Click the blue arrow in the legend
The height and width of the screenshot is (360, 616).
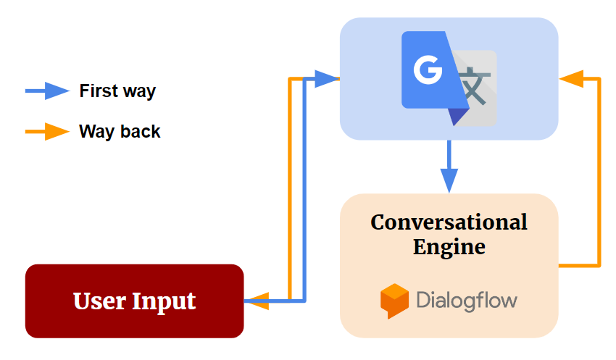click(47, 91)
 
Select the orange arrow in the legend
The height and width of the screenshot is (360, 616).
click(47, 132)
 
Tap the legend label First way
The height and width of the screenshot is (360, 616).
click(117, 91)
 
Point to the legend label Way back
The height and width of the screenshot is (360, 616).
click(120, 132)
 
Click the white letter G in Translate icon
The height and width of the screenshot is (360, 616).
click(428, 70)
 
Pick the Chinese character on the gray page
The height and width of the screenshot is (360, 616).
click(475, 86)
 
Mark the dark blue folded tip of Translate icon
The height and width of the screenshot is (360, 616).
click(457, 115)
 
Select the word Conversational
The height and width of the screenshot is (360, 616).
click(449, 222)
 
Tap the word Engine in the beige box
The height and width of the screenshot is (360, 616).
click(449, 246)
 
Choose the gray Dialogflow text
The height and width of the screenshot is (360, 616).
click(467, 301)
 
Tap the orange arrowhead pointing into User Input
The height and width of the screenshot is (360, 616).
click(257, 301)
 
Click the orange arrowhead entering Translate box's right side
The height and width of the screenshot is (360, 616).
click(571, 78)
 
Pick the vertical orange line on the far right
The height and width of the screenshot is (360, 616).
click(599, 174)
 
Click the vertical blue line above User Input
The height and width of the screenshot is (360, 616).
click(304, 188)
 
